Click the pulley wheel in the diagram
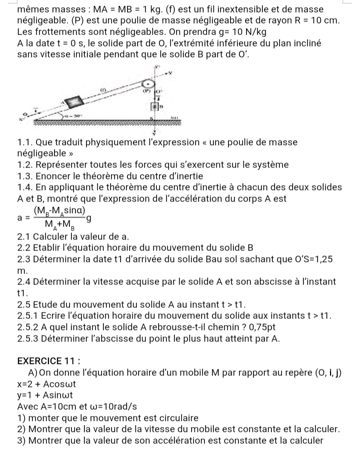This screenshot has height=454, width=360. point(148,83)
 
